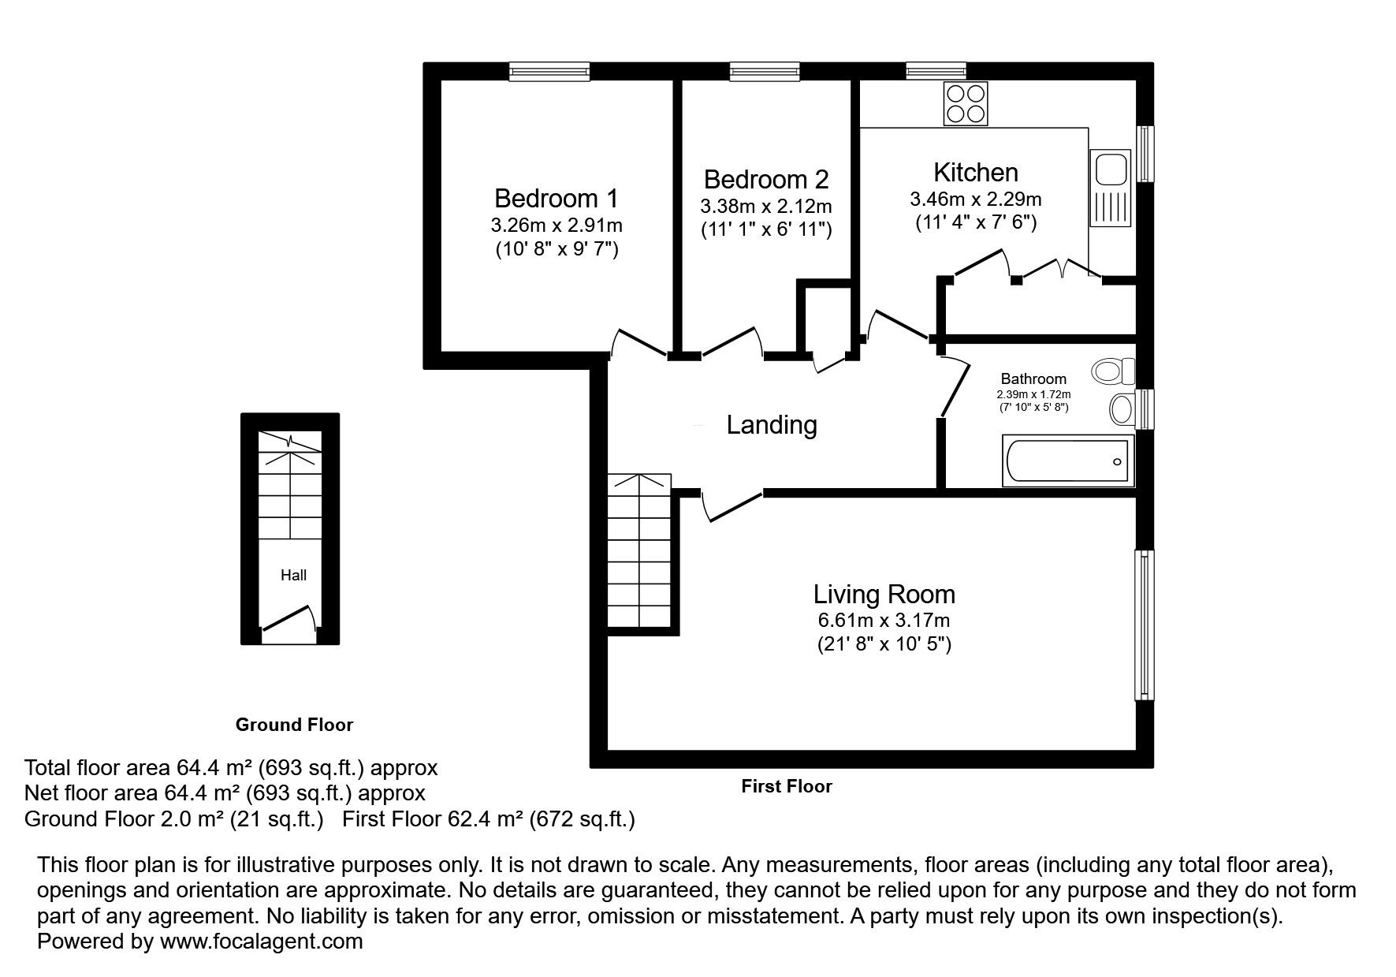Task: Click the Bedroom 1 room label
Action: point(557,197)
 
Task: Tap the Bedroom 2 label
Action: point(766,179)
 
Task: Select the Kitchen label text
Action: point(976,172)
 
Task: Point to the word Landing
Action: point(772,425)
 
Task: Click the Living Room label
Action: point(884,594)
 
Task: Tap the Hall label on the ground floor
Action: point(294,575)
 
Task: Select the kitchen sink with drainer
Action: point(1111,188)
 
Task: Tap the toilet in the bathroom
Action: point(1115,369)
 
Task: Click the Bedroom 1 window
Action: point(549,72)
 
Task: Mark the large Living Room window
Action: point(1145,625)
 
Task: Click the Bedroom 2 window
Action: point(765,72)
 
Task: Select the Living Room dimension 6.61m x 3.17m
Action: point(884,621)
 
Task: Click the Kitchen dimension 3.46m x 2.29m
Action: point(976,199)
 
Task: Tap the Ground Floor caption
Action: point(294,724)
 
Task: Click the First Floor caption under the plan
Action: point(787,786)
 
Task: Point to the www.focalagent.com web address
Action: point(262,941)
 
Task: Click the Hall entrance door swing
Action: point(289,617)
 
